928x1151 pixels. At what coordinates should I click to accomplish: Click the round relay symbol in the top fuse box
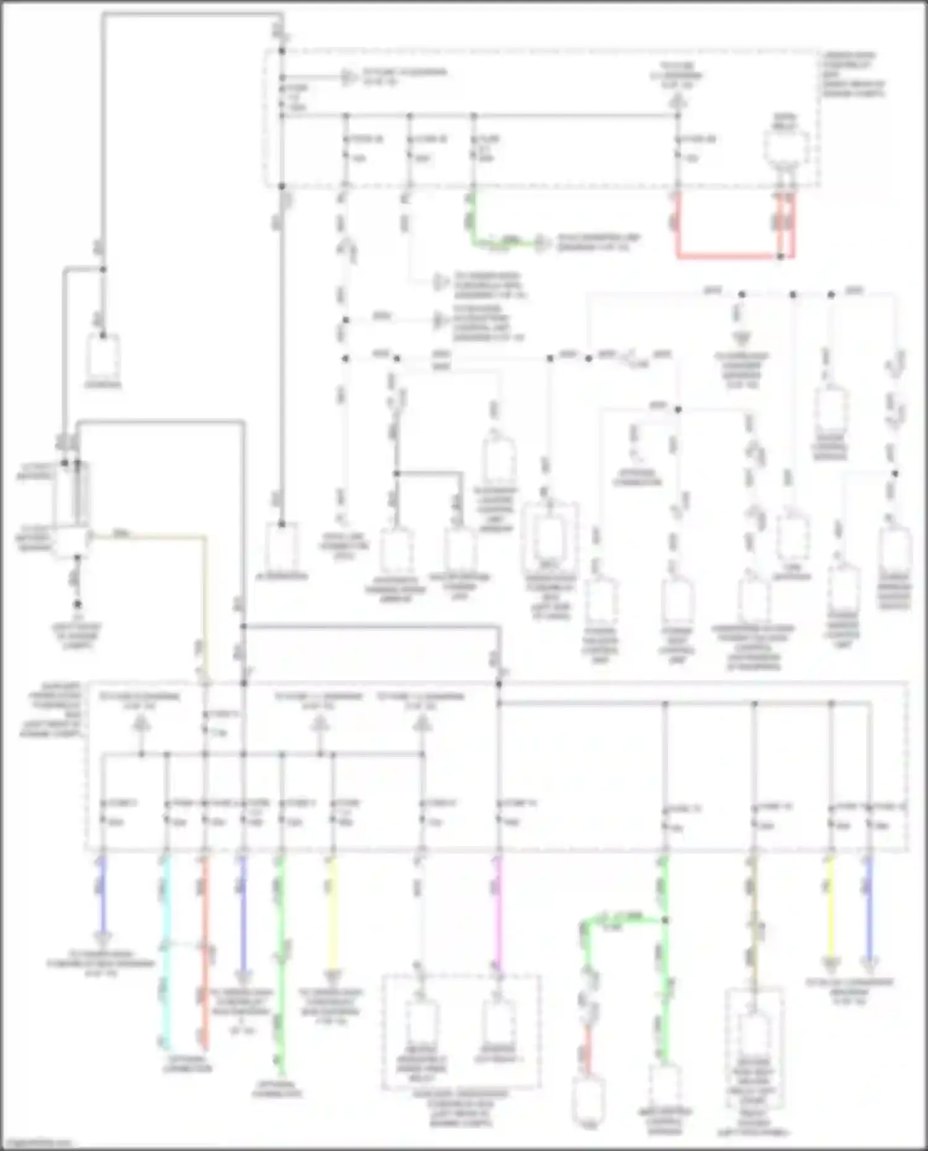(786, 148)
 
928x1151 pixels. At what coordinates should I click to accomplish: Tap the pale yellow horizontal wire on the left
(148, 536)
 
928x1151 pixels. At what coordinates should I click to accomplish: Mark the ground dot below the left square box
(77, 604)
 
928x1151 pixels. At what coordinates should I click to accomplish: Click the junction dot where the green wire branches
(666, 920)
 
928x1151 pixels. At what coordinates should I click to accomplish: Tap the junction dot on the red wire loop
(780, 256)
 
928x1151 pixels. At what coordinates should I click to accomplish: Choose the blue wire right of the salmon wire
(243, 909)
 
